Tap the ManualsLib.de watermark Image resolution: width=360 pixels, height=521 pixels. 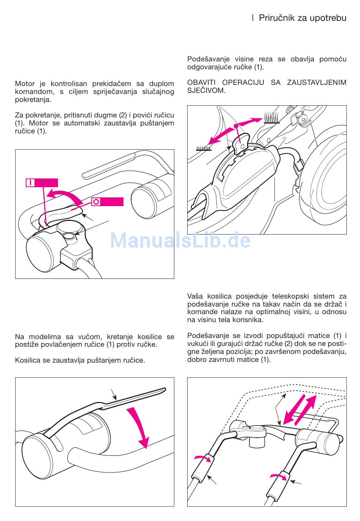point(180,240)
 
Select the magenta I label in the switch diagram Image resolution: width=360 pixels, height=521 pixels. point(42,183)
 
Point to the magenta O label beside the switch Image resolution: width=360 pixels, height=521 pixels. point(107,202)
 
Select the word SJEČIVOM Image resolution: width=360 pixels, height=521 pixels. point(206,91)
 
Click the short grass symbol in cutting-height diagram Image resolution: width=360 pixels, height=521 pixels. point(203,148)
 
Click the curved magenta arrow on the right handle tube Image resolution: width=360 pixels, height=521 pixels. point(279,476)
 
